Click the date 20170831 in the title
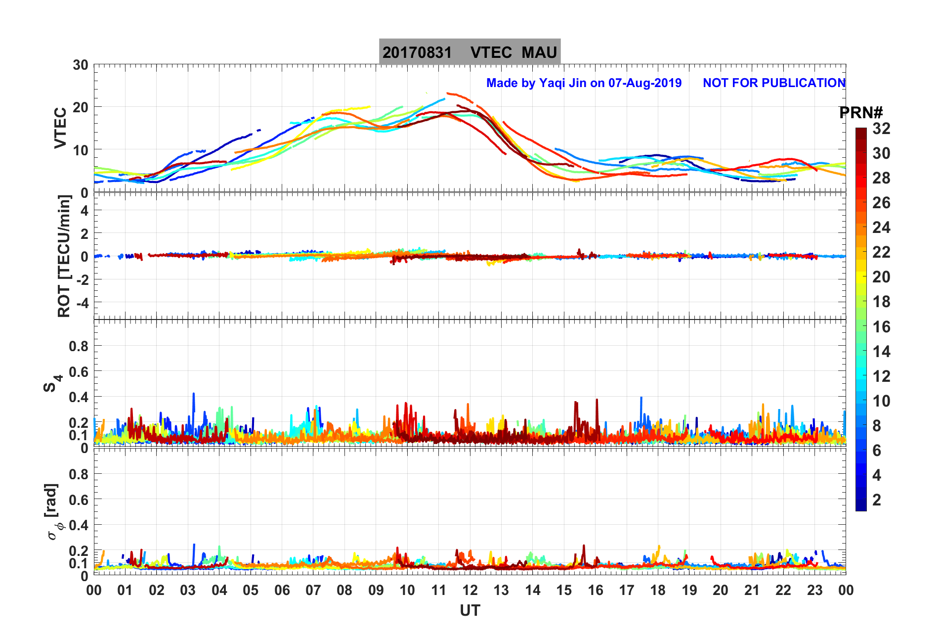(417, 52)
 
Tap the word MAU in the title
(539, 52)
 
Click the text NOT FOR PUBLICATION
(774, 83)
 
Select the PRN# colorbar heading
(861, 113)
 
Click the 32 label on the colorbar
(881, 129)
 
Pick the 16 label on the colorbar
(881, 326)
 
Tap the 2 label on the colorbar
(877, 500)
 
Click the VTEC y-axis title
(60, 128)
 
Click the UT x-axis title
(470, 611)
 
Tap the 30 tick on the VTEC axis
(80, 65)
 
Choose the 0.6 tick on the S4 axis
(79, 371)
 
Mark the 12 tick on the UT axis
(470, 590)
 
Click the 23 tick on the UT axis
(814, 590)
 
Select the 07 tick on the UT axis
(313, 590)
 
